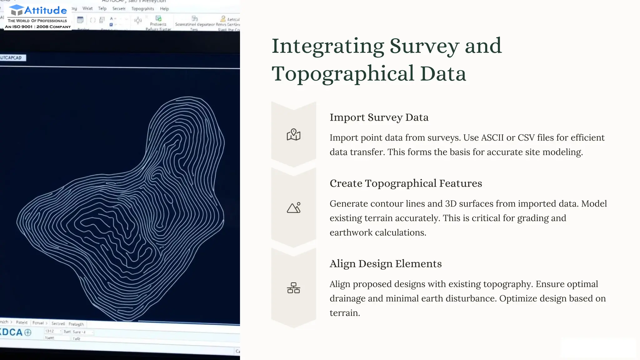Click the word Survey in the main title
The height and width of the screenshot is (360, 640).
[x=424, y=46]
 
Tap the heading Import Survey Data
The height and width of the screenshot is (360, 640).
[x=379, y=117]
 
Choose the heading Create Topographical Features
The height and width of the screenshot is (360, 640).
[x=406, y=183]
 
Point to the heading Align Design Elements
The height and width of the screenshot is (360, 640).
[x=385, y=264]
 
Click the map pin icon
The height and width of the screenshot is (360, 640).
[x=293, y=135]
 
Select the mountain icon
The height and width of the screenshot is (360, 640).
[x=293, y=208]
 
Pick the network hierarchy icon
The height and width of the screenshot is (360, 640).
[x=293, y=288]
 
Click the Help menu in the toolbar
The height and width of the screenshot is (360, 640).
[x=164, y=9]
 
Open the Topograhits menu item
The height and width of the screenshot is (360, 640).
[x=142, y=9]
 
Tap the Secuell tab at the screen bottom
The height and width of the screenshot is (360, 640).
[x=58, y=323]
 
